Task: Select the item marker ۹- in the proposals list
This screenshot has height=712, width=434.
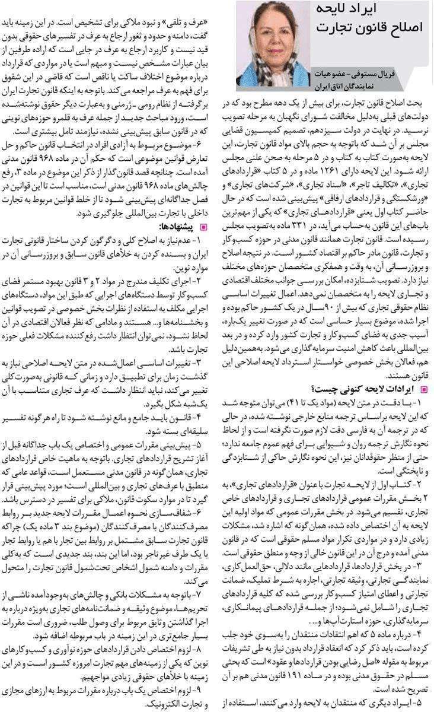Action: point(205,691)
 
